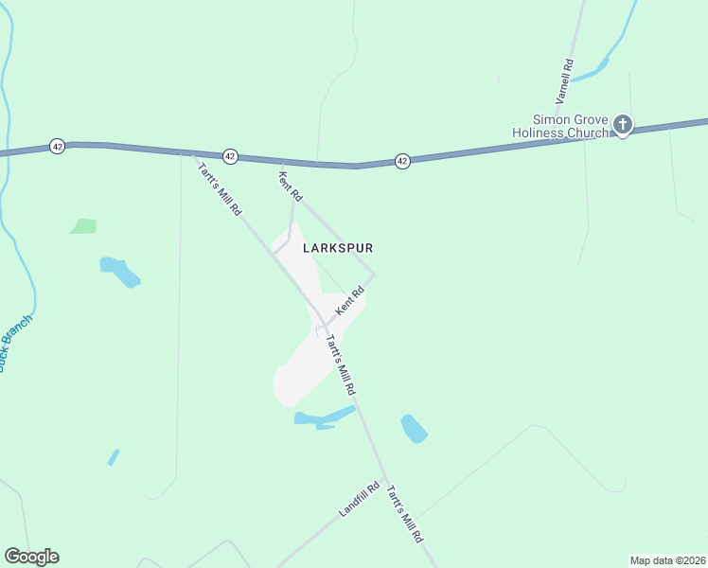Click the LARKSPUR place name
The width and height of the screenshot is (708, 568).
[x=338, y=248]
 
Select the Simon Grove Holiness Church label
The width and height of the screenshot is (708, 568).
[x=562, y=126]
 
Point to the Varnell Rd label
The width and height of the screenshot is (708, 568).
[x=565, y=81]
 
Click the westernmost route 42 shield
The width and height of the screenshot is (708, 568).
[x=58, y=147]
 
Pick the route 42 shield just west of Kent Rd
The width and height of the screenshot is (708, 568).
[x=229, y=155]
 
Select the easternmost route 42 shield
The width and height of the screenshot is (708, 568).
[x=402, y=161]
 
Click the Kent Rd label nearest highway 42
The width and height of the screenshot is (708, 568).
[x=290, y=185]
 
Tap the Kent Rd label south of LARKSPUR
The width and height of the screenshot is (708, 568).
[x=349, y=302]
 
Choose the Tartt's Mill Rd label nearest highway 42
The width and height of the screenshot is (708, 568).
[x=219, y=190]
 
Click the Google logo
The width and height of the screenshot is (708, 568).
[x=31, y=557]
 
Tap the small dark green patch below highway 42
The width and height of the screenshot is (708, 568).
[x=83, y=226]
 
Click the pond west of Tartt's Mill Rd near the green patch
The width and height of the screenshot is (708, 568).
[x=119, y=271]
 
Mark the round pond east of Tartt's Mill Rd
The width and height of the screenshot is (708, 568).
[x=414, y=429]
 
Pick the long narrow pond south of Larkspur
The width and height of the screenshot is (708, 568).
[x=322, y=417]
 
